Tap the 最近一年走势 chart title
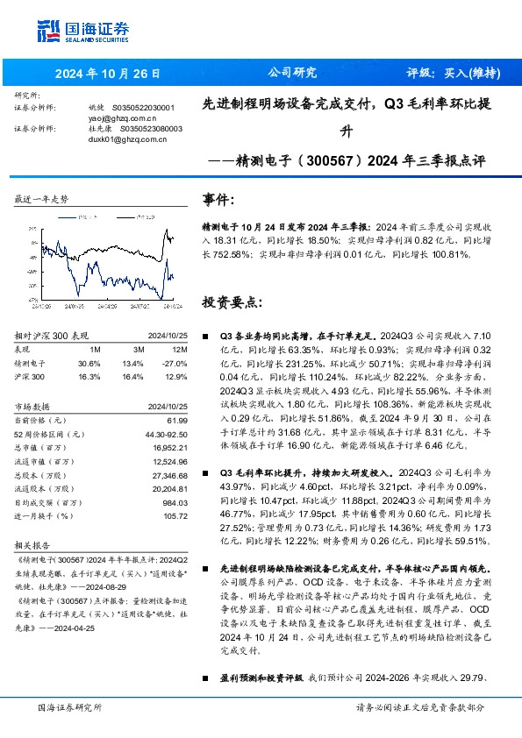41,200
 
